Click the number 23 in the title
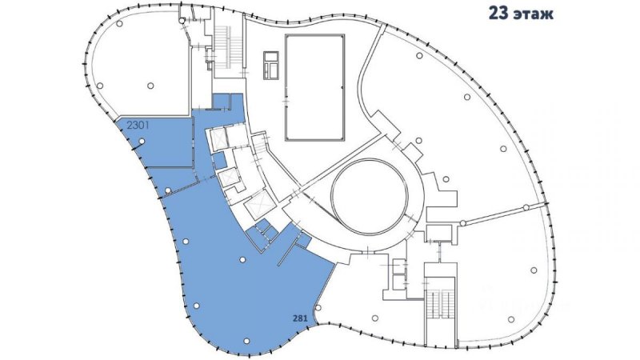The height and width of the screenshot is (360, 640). (x=498, y=13)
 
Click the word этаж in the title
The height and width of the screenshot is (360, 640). (x=534, y=14)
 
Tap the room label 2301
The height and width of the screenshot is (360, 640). (x=138, y=125)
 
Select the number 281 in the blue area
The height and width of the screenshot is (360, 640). (x=300, y=318)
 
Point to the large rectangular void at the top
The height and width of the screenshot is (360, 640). (x=314, y=88)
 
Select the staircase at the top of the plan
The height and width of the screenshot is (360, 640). (x=229, y=46)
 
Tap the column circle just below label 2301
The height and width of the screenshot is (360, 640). (x=142, y=142)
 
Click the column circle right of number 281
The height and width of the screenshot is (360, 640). (x=318, y=307)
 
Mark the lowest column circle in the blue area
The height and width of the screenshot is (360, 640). (x=246, y=341)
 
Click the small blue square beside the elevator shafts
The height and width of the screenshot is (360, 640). (x=219, y=161)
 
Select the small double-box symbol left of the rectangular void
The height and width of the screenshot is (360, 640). (x=270, y=65)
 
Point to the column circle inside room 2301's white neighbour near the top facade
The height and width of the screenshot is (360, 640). (x=119, y=23)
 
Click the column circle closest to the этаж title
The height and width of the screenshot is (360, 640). (x=418, y=55)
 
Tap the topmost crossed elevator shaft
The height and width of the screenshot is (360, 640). (x=218, y=138)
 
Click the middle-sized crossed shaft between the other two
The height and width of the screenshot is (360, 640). (x=227, y=177)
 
